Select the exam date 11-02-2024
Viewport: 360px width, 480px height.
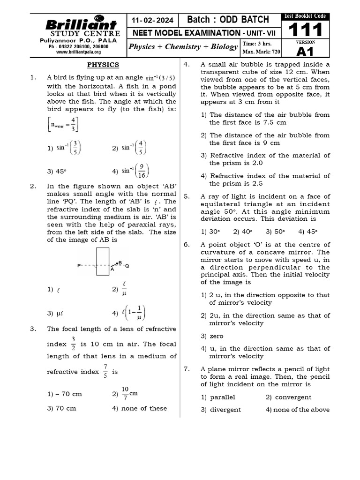pos(152,21)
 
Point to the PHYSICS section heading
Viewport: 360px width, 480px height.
pos(103,65)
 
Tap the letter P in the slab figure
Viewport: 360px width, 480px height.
pos(79,266)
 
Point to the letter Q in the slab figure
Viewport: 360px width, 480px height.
pos(127,266)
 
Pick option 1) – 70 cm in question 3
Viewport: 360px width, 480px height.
pos(65,394)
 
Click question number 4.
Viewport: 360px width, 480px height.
pos(186,65)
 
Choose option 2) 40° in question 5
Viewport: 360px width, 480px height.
pos(243,231)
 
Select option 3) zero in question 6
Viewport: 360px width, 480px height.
pos(212,336)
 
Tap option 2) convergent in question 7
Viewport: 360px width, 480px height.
pos(288,397)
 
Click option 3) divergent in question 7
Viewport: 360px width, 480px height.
pos(221,409)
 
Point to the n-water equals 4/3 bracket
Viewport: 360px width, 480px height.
pos(63,125)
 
